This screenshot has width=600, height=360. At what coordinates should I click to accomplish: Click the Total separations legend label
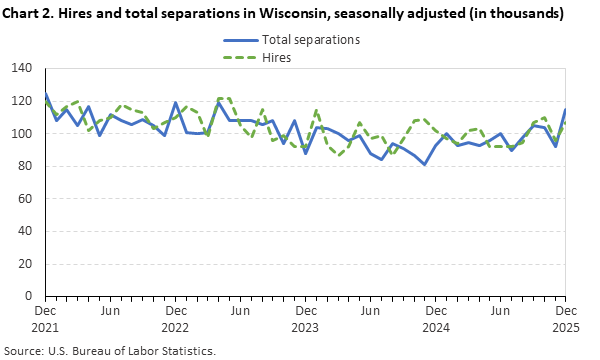click(310, 41)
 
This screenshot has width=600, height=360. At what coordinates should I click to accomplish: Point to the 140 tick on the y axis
click(22, 69)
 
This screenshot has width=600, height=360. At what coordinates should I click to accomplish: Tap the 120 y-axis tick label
click(22, 101)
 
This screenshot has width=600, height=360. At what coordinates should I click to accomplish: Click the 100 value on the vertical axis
click(22, 134)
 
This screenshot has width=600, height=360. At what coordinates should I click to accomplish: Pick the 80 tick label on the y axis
click(25, 166)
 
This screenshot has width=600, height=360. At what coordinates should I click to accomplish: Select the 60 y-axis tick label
click(25, 199)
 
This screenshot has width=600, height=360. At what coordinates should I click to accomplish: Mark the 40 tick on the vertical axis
click(25, 231)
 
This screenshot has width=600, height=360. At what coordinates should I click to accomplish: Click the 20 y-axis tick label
click(25, 264)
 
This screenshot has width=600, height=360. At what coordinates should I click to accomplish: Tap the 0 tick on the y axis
click(29, 296)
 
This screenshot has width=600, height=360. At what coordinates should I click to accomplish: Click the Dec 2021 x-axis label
click(45, 319)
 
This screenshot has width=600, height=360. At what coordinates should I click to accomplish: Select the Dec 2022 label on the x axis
click(175, 319)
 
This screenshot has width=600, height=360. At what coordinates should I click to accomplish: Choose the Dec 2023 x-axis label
click(305, 319)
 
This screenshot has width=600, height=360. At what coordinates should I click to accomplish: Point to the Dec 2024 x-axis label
click(435, 319)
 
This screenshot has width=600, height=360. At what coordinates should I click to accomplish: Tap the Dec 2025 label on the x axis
click(565, 319)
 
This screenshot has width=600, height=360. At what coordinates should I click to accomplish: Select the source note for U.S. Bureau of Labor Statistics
click(109, 351)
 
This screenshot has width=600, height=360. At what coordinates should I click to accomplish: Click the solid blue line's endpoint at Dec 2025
click(565, 110)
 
